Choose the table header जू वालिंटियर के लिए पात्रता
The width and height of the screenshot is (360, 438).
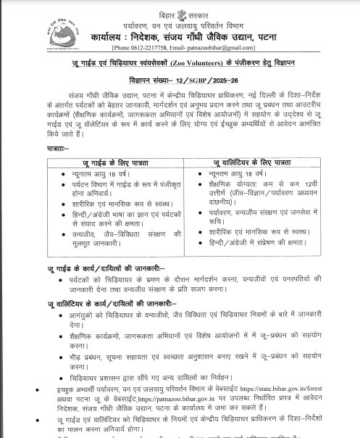coord(251,163)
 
